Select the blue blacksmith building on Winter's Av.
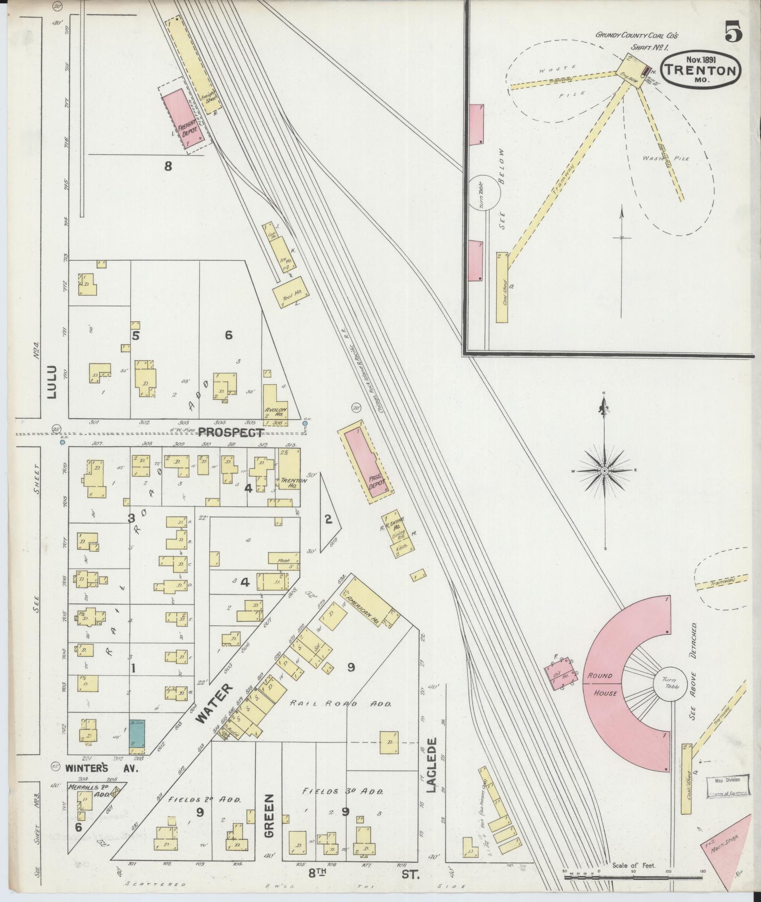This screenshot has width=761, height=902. click(137, 738)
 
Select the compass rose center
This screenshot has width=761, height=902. click(604, 471)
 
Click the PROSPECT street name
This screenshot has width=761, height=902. click(231, 431)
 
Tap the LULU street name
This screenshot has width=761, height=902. click(51, 382)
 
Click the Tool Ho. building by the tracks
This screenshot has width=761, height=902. click(291, 295)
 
